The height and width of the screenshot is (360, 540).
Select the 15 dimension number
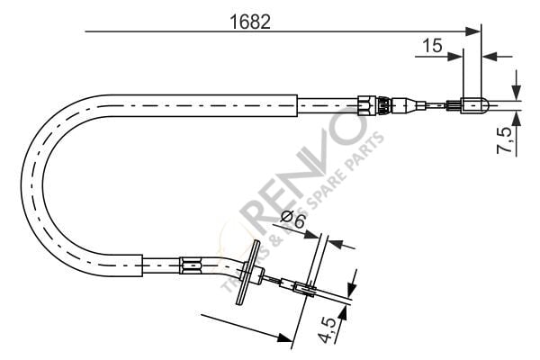(432, 44)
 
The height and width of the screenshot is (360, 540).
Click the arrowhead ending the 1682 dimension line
(474, 32)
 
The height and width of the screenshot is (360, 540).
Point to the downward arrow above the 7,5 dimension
(516, 89)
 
